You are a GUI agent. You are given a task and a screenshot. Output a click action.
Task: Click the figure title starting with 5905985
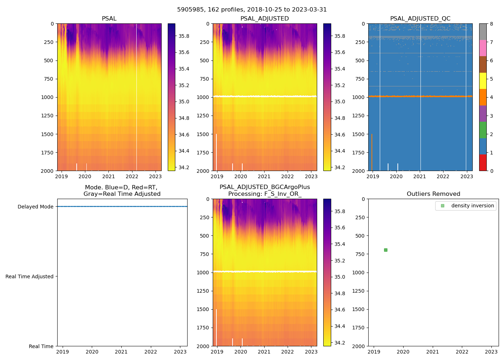(x=252, y=10)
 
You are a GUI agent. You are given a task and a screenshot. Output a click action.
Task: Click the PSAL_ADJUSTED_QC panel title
(x=420, y=19)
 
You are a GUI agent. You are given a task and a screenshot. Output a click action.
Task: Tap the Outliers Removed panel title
(x=433, y=194)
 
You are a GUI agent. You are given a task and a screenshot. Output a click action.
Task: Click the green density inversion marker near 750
(x=386, y=250)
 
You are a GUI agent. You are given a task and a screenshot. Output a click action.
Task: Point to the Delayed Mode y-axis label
(x=35, y=207)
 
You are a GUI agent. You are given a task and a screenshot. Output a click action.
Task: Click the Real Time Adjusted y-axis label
(x=30, y=276)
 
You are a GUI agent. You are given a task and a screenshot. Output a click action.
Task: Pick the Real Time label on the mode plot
(x=41, y=346)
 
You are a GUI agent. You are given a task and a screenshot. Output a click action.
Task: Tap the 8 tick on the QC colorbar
(x=491, y=24)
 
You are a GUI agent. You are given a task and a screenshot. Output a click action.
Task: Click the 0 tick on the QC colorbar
(x=491, y=171)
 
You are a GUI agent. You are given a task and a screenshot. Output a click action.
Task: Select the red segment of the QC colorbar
(x=483, y=163)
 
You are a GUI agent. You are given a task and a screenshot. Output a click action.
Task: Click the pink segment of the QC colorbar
(x=483, y=48)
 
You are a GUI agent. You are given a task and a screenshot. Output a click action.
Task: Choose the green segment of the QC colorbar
(x=483, y=130)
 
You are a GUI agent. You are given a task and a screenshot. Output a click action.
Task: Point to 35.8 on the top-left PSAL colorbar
(x=184, y=36)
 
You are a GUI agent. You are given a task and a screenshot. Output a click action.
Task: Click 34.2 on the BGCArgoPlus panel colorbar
(x=339, y=343)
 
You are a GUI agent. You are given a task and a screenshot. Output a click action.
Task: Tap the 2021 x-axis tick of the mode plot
(x=121, y=352)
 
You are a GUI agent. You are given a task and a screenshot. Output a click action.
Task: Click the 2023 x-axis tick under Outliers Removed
(x=491, y=352)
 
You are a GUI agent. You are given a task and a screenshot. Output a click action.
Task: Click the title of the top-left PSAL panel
(x=109, y=19)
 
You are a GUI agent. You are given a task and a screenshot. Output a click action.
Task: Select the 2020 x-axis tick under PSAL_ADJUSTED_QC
(x=396, y=176)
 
